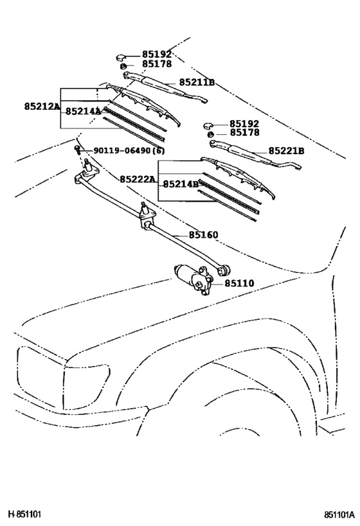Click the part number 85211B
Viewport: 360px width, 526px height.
click(197, 82)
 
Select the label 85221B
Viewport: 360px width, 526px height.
click(286, 151)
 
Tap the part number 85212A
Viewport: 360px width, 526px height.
click(42, 105)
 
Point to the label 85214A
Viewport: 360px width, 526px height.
click(83, 111)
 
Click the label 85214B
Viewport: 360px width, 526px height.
click(181, 184)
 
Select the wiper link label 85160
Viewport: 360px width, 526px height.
click(203, 235)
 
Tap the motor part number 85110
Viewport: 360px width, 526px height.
click(239, 283)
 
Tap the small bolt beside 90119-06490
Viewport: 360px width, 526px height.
click(78, 150)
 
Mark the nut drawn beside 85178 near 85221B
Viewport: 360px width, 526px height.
click(210, 134)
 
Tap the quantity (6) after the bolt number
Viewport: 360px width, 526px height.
click(159, 150)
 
